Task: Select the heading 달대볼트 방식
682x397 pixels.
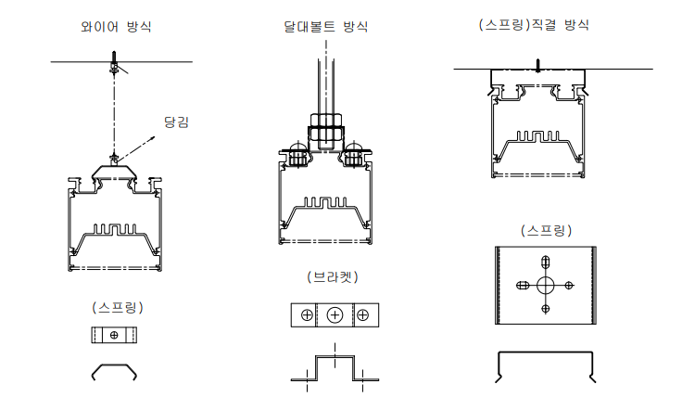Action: [325, 26]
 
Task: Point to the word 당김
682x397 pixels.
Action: [176, 122]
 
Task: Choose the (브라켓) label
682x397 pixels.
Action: [333, 276]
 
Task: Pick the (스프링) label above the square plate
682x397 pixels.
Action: [546, 229]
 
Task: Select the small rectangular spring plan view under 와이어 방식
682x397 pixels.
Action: [114, 334]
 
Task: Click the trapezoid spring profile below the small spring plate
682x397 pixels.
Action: [115, 371]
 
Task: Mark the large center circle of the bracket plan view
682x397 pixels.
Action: [335, 316]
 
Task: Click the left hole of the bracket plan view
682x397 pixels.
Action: [303, 316]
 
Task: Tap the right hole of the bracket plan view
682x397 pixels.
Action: [365, 316]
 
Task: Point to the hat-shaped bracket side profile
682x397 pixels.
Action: [334, 367]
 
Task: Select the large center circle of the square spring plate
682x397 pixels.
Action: [545, 285]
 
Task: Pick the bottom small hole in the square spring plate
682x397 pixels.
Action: [545, 308]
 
